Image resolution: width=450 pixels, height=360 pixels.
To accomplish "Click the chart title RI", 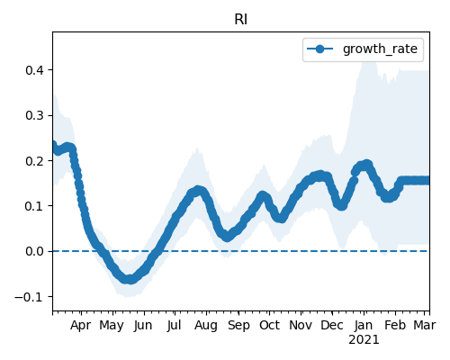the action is (x=241, y=20).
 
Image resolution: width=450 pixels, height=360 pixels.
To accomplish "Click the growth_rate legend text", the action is (x=380, y=49).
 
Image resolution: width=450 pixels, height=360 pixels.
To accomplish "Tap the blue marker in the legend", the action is (x=320, y=49).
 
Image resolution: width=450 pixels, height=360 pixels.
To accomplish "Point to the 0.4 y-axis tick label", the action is (x=34, y=70).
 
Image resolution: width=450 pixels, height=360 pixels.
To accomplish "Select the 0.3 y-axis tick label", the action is (x=34, y=116).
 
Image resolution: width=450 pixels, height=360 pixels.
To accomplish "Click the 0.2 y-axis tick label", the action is (x=34, y=161).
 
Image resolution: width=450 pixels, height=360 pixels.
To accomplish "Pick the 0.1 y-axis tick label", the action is (x=34, y=206).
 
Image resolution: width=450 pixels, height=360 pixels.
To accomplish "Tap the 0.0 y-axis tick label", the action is (x=34, y=251).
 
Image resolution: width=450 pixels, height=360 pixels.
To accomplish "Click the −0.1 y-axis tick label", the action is (x=30, y=297).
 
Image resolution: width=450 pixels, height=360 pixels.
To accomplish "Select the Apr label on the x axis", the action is (x=81, y=326).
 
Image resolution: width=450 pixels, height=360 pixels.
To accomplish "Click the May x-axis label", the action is (x=112, y=326).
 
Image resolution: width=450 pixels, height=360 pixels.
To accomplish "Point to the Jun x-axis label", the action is (x=143, y=325).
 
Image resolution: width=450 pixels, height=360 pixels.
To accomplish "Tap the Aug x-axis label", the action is (x=206, y=326).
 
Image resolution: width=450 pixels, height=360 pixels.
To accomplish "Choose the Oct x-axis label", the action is (x=269, y=325).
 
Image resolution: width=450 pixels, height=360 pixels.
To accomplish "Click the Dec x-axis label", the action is (x=332, y=325).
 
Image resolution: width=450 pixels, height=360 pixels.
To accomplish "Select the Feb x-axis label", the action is (x=395, y=325).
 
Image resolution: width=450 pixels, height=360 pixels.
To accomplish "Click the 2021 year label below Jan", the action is (x=364, y=340).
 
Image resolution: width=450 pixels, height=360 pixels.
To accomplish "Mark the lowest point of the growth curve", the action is (x=130, y=279).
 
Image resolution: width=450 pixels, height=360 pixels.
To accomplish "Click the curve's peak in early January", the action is (x=367, y=165).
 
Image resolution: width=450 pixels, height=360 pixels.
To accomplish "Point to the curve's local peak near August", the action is (x=197, y=191).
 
